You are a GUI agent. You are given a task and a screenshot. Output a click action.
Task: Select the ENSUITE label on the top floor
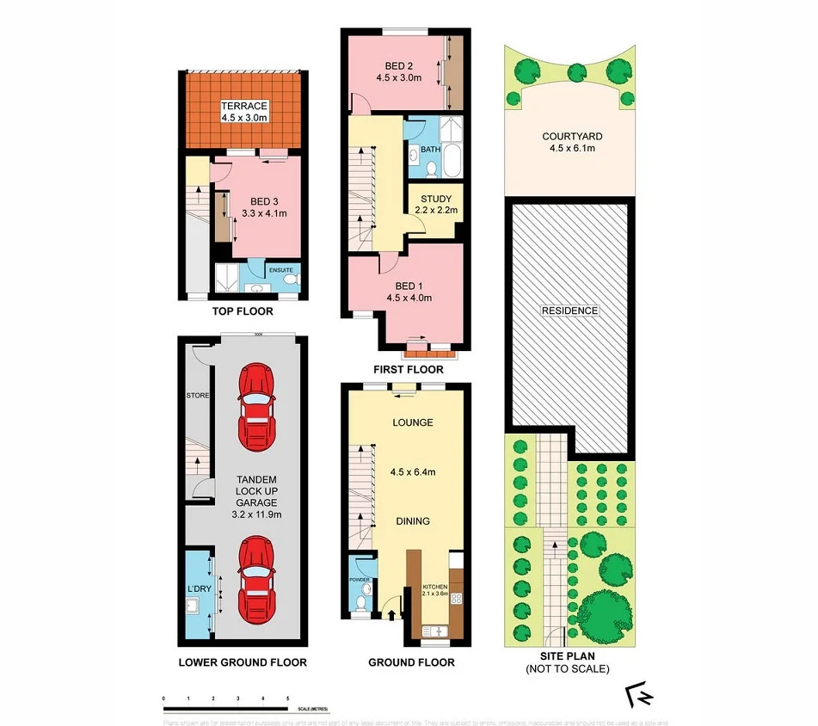[281, 270]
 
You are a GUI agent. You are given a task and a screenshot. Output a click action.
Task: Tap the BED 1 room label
[409, 286]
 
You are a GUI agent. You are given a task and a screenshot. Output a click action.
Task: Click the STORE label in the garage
[198, 396]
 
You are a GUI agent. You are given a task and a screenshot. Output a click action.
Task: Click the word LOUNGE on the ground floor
[412, 422]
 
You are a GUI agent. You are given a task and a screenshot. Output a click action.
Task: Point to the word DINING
[412, 520]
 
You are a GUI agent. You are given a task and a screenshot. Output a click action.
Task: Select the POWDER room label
[360, 580]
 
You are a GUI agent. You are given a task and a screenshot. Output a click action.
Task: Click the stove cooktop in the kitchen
[457, 600]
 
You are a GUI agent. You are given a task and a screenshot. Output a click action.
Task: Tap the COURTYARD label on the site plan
[571, 136]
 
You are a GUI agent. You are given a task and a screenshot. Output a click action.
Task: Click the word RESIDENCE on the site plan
[570, 311]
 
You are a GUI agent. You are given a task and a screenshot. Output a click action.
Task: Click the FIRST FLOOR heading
[409, 370]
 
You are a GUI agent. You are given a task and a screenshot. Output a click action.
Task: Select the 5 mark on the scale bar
[287, 698]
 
